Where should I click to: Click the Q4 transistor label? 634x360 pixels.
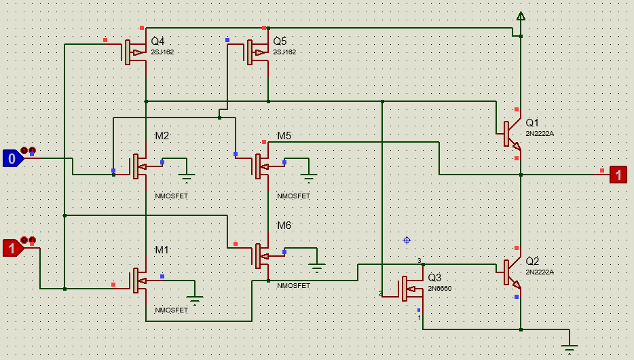point(157,41)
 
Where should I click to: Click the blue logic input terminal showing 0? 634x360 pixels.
point(12,158)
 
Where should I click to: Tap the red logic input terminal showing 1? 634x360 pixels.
point(12,249)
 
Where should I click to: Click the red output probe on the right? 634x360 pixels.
point(618,175)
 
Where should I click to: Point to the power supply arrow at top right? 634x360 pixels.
point(521,16)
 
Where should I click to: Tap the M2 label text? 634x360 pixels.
point(162,137)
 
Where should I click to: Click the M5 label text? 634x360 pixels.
point(284,137)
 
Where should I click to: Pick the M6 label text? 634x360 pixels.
point(284,226)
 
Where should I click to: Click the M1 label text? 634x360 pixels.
point(162,250)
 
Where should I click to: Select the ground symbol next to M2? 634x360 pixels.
point(187,177)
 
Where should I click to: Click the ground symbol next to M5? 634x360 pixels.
point(310,178)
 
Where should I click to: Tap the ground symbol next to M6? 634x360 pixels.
point(316,266)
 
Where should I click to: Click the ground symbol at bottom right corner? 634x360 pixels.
point(569,347)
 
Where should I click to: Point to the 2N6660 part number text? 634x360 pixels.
point(439,288)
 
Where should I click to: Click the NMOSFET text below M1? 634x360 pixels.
point(171,310)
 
